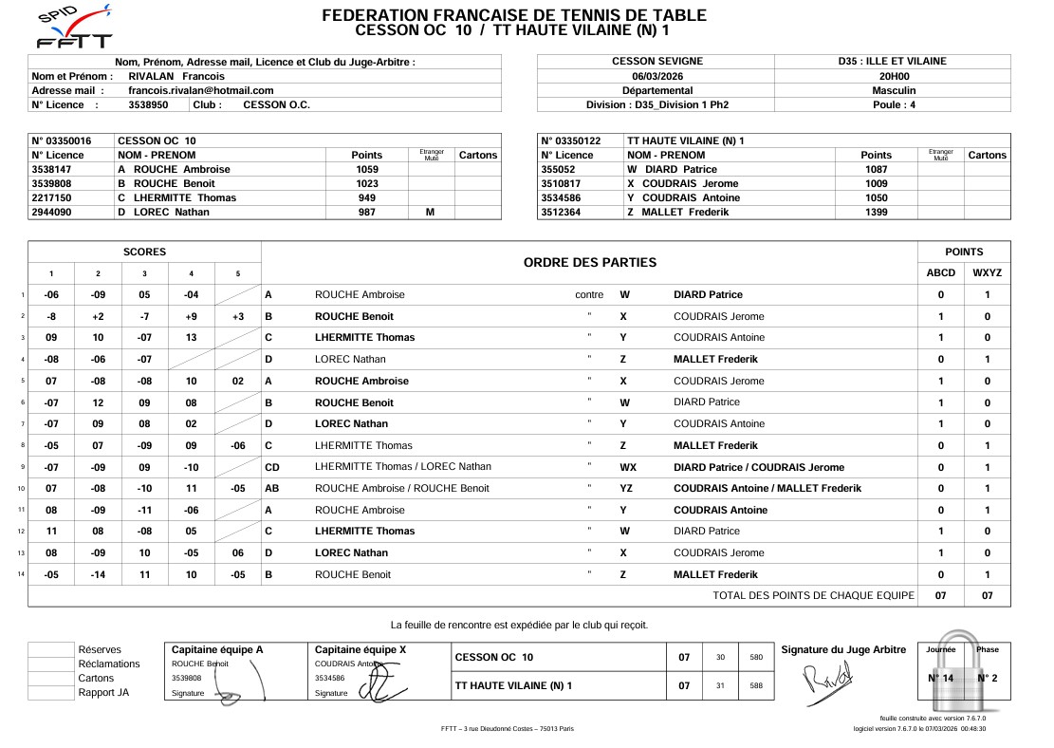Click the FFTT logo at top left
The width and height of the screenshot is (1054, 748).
[x=72, y=28]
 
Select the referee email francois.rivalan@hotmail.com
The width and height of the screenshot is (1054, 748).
[x=200, y=90]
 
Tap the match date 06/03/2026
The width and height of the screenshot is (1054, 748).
[x=656, y=76]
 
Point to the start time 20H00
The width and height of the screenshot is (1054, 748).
[x=893, y=76]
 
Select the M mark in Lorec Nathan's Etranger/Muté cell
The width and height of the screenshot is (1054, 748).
[x=431, y=212]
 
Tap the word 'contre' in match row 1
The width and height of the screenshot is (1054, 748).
[x=589, y=295]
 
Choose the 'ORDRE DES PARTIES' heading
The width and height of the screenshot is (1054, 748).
[x=589, y=262]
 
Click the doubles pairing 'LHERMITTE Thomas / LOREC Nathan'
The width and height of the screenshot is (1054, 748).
[x=403, y=467]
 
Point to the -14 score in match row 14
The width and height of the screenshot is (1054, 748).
[x=98, y=575]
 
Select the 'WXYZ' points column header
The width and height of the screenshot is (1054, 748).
[x=987, y=273]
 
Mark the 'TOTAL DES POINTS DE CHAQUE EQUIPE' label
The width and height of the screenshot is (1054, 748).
[x=813, y=595]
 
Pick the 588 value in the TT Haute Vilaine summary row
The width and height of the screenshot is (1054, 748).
[x=755, y=685]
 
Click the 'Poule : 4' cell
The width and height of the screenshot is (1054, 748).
[x=893, y=104]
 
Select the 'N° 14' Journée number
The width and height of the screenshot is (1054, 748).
[x=940, y=678]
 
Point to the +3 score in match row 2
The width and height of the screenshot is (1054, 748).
[x=237, y=316]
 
